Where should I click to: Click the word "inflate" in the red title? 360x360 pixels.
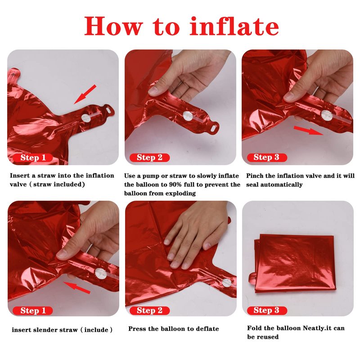click(x=234, y=26)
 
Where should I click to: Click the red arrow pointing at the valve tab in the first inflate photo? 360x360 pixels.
click(x=85, y=94)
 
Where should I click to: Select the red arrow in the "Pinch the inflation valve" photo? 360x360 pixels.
click(x=308, y=130)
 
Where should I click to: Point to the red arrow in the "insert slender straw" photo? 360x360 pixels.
click(x=77, y=288)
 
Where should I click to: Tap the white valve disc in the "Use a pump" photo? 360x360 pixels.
click(x=188, y=116)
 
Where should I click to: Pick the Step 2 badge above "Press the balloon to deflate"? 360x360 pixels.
click(x=149, y=310)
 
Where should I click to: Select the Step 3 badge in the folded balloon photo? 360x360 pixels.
click(x=267, y=310)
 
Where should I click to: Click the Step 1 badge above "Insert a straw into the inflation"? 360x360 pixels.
click(x=33, y=158)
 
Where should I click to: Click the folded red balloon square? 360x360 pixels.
click(x=293, y=264)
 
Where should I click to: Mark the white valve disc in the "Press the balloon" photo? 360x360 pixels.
click(x=227, y=283)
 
